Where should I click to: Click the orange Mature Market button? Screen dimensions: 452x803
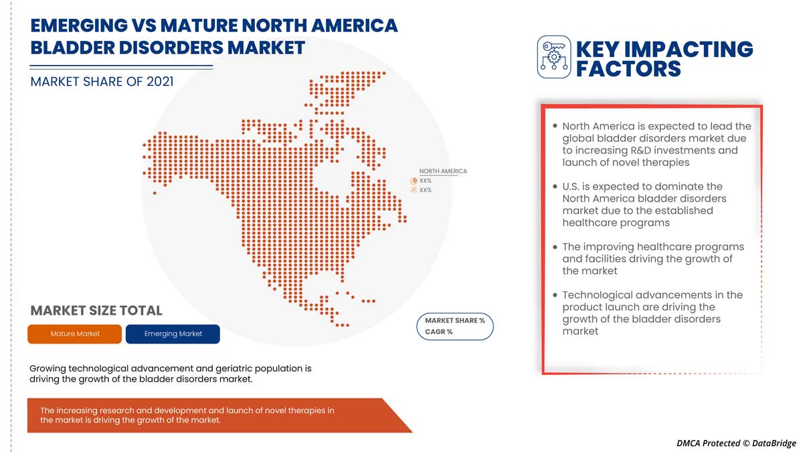[74, 334]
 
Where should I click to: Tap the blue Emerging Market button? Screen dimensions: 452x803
[173, 334]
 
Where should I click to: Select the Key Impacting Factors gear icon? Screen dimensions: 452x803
[554, 57]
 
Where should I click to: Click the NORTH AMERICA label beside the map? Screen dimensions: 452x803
[443, 171]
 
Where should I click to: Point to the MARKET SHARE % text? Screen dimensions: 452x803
[455, 321]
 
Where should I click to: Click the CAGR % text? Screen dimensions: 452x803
[439, 332]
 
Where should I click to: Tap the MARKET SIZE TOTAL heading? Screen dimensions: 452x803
[96, 311]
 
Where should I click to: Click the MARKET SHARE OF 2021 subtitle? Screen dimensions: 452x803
[102, 82]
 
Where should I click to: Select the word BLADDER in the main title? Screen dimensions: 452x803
[76, 48]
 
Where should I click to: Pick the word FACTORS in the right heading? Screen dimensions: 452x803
[628, 68]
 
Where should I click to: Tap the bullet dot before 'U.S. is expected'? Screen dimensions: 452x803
[555, 186]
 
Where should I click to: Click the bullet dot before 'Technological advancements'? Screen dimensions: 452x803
[555, 295]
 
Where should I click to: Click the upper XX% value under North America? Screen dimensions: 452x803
[426, 181]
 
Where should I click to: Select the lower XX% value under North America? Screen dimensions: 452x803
[426, 190]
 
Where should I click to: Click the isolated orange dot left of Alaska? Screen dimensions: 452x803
[155, 193]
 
